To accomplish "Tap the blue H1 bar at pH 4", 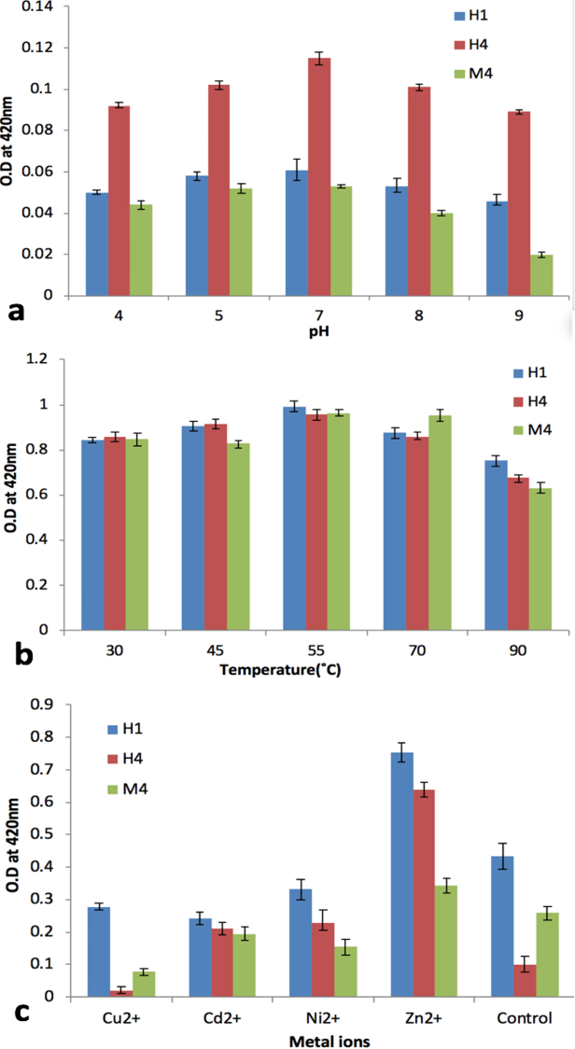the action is coord(97,245).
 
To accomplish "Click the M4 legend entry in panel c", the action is coord(133,790).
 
